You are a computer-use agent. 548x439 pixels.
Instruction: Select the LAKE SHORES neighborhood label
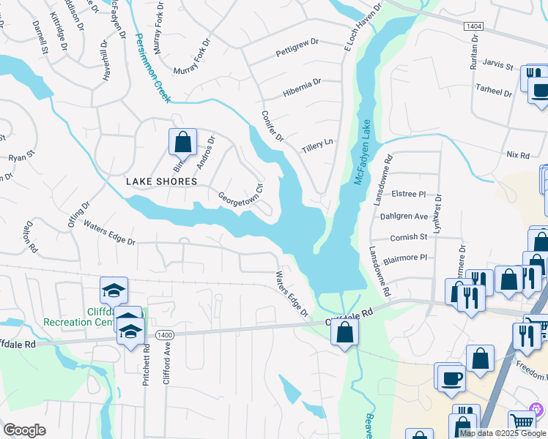[x=161, y=181]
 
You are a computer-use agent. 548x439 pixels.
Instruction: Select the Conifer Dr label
[x=272, y=128]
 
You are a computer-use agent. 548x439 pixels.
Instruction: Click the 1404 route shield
[x=473, y=26]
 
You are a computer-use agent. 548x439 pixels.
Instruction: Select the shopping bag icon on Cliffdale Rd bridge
[x=344, y=333]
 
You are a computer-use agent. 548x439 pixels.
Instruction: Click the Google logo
[x=24, y=430]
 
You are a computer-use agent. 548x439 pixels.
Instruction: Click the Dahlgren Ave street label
[x=403, y=217]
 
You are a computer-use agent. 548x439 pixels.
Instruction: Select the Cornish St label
[x=408, y=237]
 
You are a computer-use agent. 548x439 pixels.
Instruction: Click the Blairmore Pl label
[x=404, y=258]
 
